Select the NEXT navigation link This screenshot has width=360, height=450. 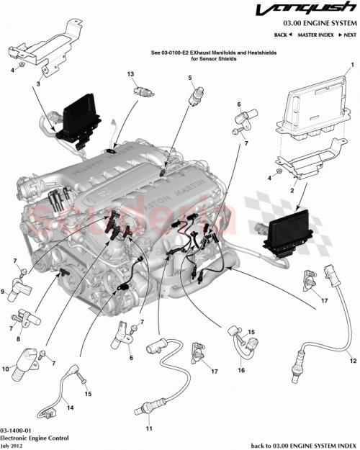[348, 35]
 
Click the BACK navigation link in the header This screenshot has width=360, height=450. [284, 35]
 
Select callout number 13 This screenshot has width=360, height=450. [131, 74]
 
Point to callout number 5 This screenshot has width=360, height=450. [190, 78]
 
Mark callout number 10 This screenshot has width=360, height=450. [6, 369]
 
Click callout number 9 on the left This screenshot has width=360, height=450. [5, 292]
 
